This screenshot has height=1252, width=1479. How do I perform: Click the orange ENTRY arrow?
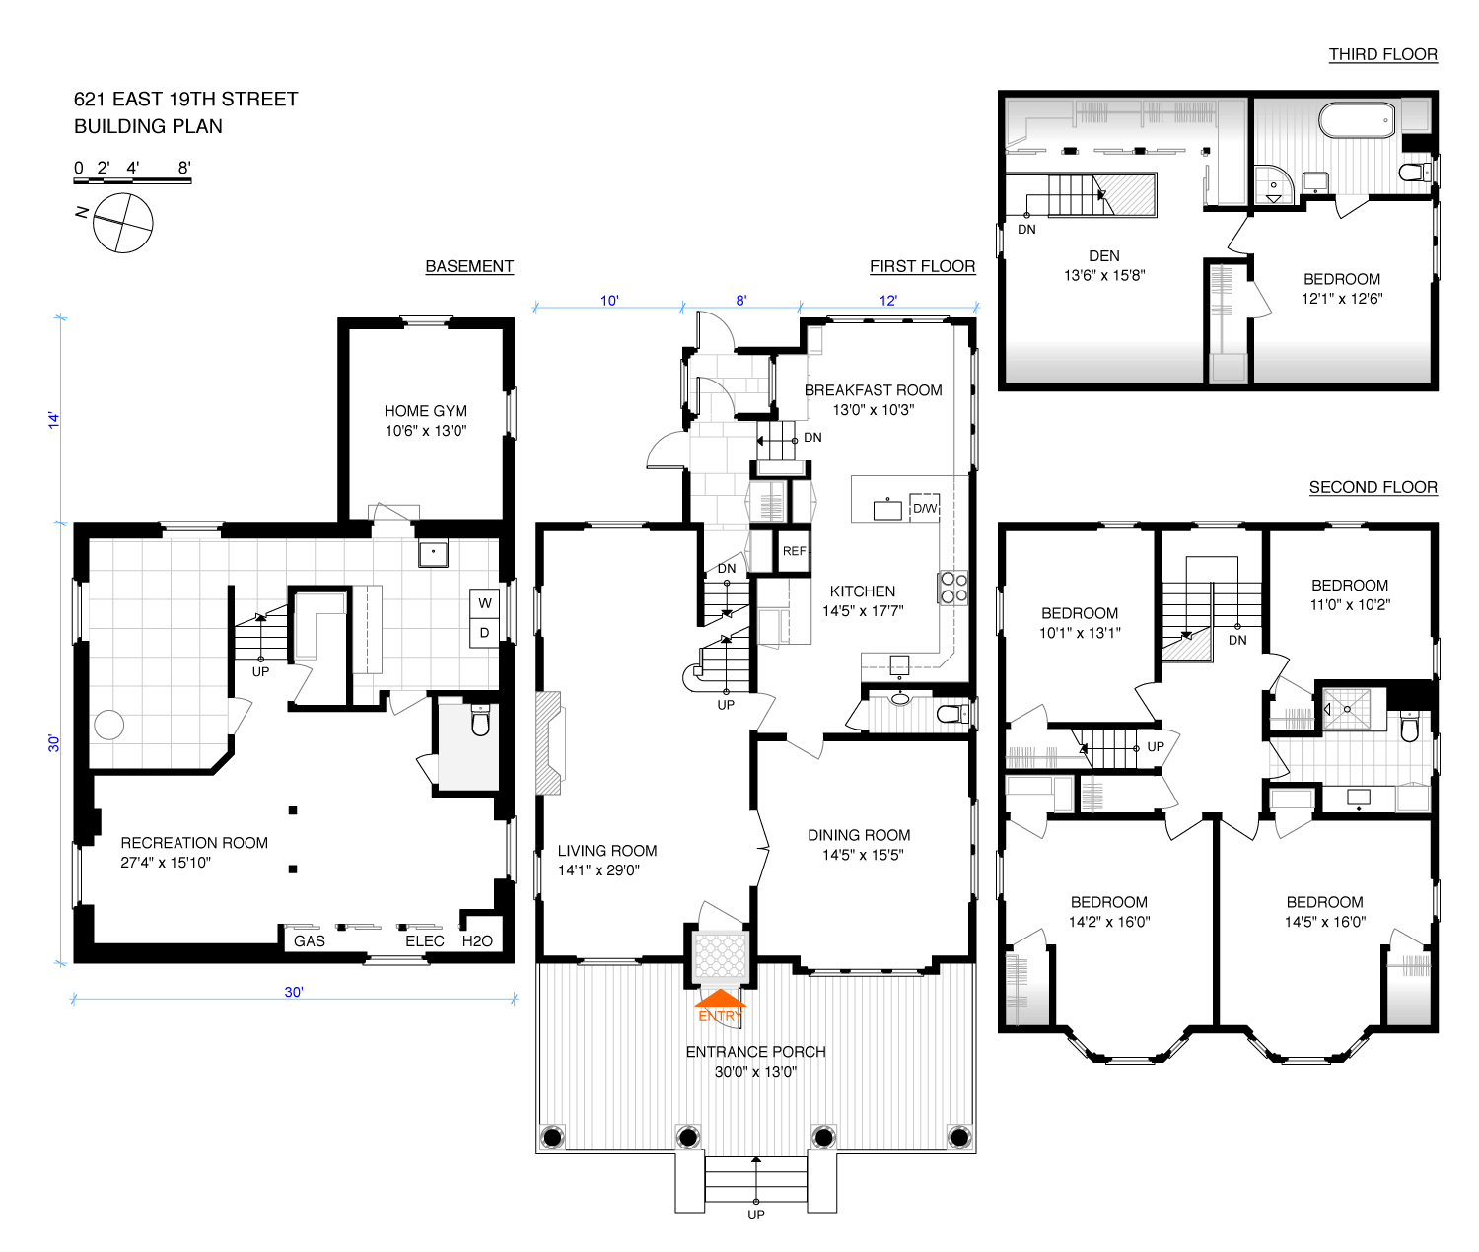coord(720,998)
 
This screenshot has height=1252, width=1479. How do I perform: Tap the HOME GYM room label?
coord(426,411)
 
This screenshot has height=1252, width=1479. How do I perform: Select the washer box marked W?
coord(484,603)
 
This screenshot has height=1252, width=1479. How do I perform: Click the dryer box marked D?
coord(484,633)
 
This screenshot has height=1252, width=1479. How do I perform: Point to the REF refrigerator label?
coord(794,551)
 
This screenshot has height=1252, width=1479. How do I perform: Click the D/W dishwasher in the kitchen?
coord(925,508)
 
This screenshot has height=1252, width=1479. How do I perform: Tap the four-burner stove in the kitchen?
coord(953,587)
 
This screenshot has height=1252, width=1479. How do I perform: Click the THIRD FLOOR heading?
coord(1383,54)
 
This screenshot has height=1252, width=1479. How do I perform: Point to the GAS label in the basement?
coord(309,940)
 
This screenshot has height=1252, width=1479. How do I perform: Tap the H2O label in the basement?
coord(477,940)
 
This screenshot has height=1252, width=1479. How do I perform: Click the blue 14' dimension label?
coord(54,420)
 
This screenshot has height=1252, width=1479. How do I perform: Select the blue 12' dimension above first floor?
coord(888,301)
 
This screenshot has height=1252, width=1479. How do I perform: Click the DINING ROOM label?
coord(859,835)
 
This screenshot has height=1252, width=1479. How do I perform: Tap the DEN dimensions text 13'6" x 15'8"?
coord(1104,275)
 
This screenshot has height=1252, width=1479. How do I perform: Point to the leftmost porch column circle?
coord(552,1136)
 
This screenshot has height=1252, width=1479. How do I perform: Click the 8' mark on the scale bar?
coord(184,169)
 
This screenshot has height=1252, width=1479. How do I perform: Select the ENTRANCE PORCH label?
coord(755,1052)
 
